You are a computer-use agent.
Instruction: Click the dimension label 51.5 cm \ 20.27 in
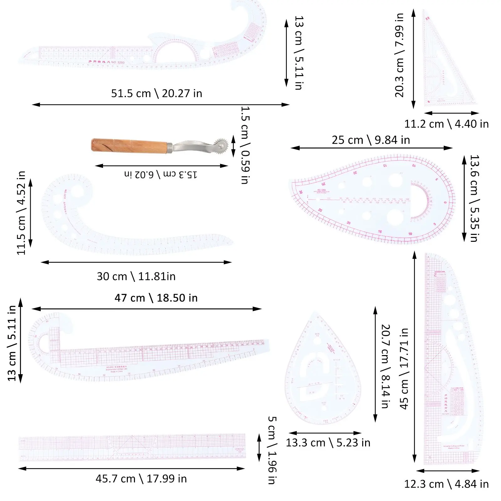click(x=157, y=93)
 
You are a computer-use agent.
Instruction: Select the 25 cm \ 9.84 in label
click(x=371, y=140)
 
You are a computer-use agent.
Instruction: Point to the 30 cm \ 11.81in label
click(x=136, y=276)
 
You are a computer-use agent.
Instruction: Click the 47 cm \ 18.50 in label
click(x=156, y=298)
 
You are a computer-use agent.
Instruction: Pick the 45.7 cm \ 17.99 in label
click(x=141, y=479)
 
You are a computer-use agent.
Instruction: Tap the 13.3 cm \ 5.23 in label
click(x=328, y=443)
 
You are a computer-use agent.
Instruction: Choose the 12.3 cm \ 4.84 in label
click(x=446, y=484)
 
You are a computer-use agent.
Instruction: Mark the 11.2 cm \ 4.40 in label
click(x=446, y=124)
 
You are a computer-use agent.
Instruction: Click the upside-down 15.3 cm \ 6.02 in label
click(x=161, y=174)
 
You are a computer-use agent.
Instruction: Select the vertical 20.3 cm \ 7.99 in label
click(x=400, y=55)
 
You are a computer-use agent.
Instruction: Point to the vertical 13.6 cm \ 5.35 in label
click(x=475, y=198)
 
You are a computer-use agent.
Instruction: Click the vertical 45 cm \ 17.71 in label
click(x=404, y=369)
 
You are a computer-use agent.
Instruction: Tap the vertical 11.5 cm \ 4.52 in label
click(x=21, y=213)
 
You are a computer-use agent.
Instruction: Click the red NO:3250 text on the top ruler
click(x=118, y=62)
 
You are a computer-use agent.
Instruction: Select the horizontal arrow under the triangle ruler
click(x=451, y=113)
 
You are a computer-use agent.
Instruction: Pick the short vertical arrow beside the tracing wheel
click(x=233, y=146)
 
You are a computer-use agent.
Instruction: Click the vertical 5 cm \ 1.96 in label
click(x=272, y=450)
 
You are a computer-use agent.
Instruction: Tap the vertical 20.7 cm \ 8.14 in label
click(x=385, y=366)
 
